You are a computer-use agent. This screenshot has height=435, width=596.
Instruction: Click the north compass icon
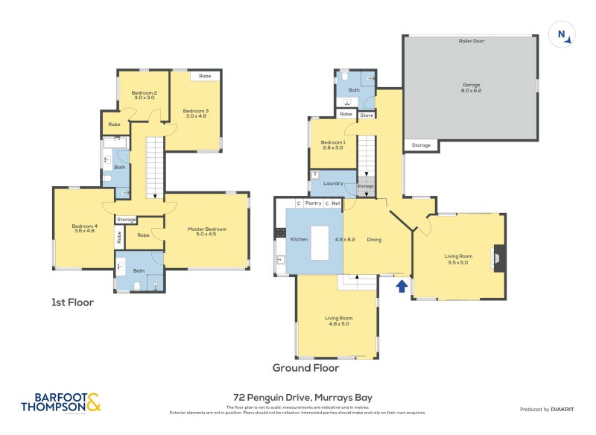(562, 34)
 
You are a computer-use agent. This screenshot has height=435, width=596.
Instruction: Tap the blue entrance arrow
(402, 285)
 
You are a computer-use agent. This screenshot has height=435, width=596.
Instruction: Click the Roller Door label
(471, 41)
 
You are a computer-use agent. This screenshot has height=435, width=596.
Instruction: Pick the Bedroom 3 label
(196, 114)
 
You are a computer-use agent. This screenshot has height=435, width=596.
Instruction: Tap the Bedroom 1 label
(333, 145)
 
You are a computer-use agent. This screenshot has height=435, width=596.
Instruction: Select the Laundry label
(332, 182)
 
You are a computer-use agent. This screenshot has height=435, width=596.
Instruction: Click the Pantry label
(313, 203)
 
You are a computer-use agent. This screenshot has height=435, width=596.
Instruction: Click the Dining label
(374, 239)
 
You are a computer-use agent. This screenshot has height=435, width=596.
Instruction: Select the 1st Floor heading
(72, 302)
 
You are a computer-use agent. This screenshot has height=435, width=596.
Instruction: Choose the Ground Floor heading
(305, 367)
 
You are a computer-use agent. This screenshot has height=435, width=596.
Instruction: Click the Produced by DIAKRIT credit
(549, 409)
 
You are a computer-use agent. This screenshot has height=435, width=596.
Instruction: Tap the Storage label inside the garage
(421, 145)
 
